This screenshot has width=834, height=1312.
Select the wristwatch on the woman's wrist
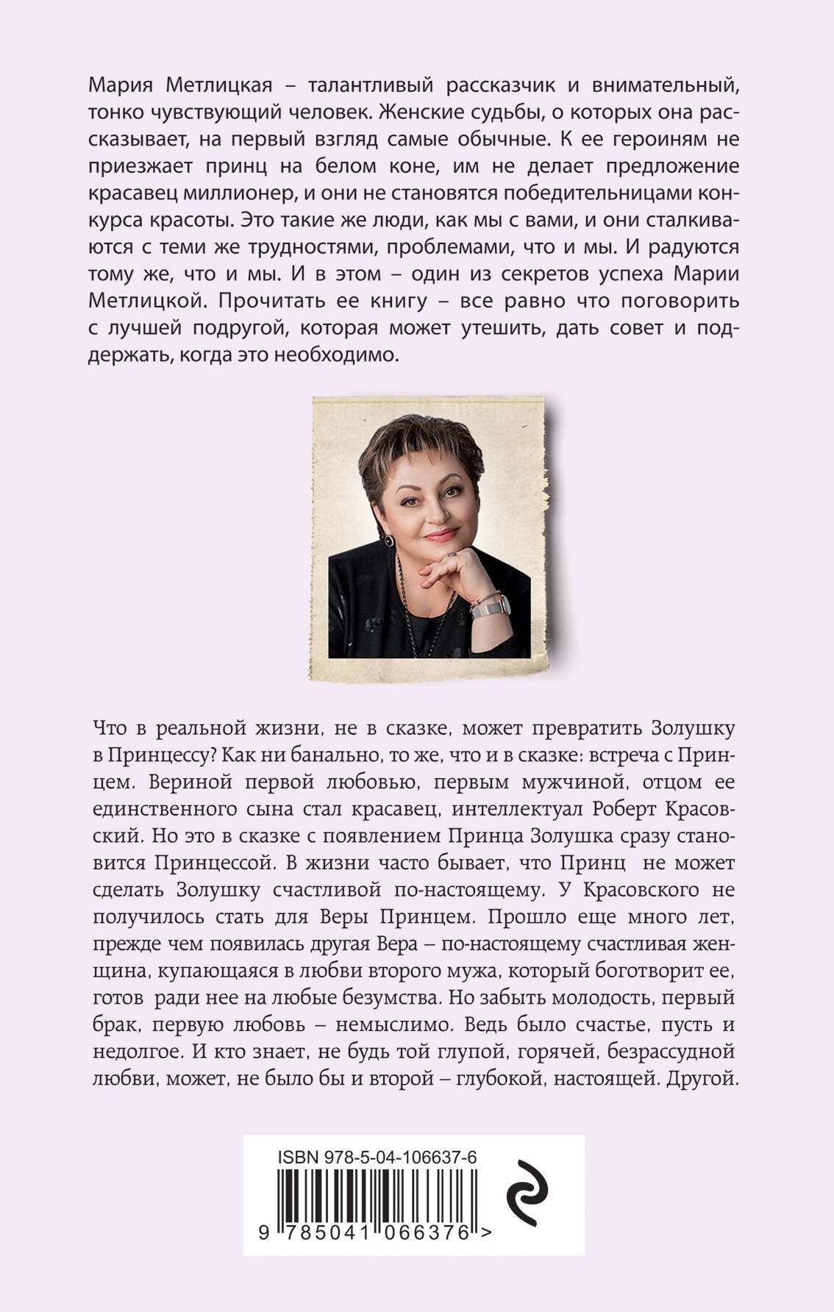[x=490, y=605]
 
